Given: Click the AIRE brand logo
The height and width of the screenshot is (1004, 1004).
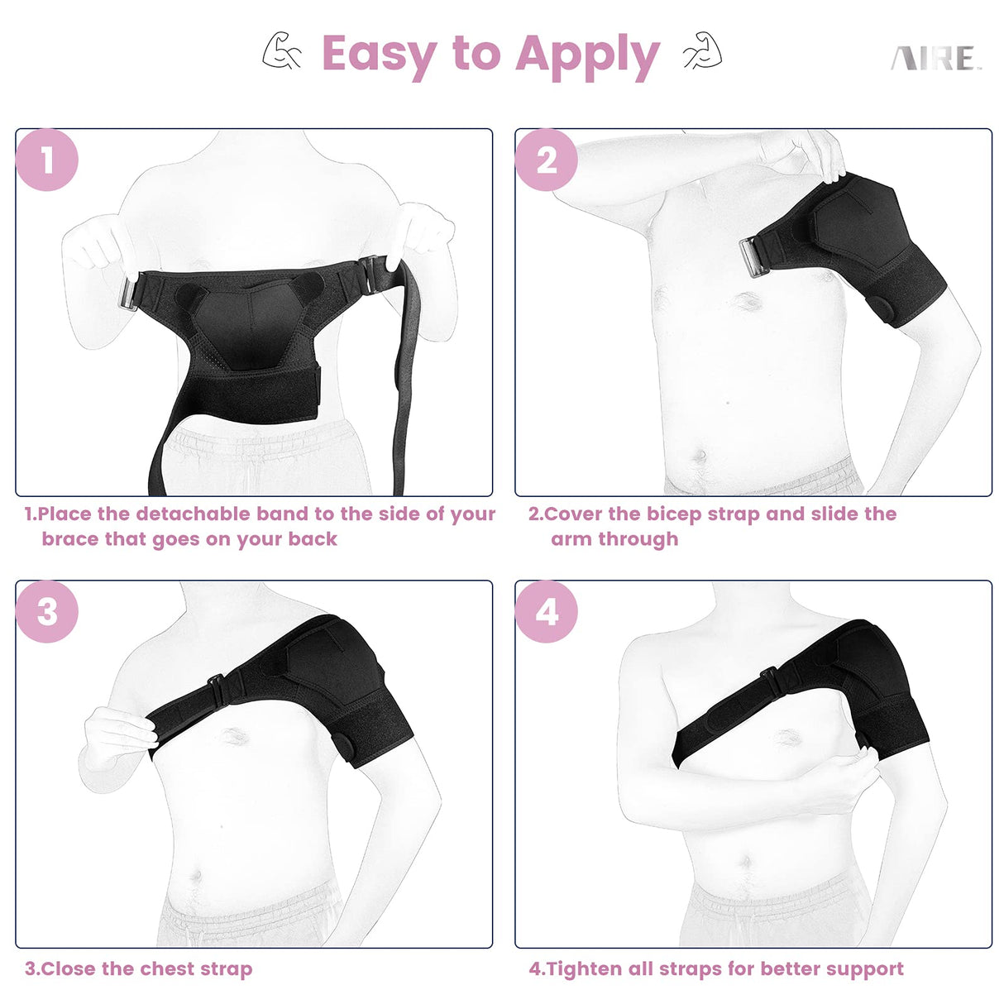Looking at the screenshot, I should click(935, 59).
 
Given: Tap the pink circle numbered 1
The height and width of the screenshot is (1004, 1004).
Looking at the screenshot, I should click(47, 160).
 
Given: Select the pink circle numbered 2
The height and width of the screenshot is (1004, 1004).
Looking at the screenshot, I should click(547, 160).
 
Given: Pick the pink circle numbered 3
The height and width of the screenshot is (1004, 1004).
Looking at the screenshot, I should click(47, 612).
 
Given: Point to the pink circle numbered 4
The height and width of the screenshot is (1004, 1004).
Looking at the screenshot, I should click(547, 612).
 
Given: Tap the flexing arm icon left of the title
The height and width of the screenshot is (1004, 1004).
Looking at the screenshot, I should click(282, 51).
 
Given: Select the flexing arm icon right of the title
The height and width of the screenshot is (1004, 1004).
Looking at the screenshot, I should click(702, 51).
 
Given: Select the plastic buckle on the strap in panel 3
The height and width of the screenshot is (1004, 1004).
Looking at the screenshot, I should click(218, 689).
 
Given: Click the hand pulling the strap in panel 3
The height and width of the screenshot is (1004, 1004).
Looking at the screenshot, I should click(120, 736).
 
